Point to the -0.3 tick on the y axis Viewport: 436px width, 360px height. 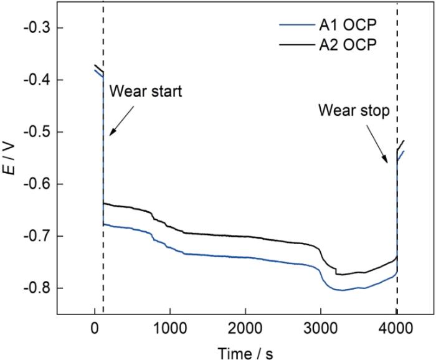pyautogui.click(x=40, y=28)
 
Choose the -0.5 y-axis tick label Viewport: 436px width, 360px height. pyautogui.click(x=40, y=132)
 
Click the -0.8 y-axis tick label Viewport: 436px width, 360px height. pyautogui.click(x=40, y=288)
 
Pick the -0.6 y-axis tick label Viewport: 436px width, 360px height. pyautogui.click(x=40, y=184)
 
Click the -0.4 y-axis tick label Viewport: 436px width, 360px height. pyautogui.click(x=40, y=80)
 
